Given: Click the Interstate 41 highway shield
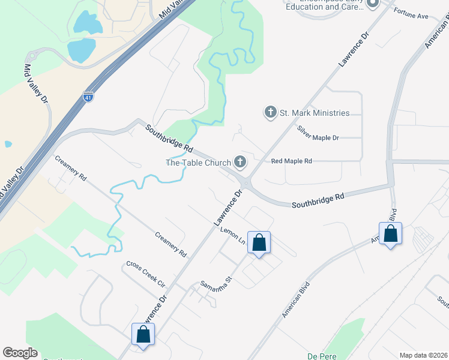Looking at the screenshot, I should pos(88,97).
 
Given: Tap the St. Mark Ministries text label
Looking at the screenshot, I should pos(315,113).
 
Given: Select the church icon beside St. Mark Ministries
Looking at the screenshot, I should pos(270,112).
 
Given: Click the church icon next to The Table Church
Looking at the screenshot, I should pos(240,162).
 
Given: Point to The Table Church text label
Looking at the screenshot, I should pos(198,163).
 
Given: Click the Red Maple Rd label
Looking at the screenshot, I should pos(292,161).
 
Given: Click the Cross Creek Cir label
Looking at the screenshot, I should pos(145,274).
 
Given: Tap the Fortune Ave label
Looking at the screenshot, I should pos(411,14).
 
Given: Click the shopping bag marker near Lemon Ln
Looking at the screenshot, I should pos(259,243).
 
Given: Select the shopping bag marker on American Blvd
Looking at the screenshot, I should pos(390,234).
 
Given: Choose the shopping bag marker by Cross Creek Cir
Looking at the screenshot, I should pos(143,335).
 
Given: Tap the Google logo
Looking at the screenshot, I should pos(20,353).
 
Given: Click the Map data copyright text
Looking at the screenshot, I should pos(423,355).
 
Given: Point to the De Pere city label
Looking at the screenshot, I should pos(321,355).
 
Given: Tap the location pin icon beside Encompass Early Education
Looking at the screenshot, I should pos(372,4).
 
